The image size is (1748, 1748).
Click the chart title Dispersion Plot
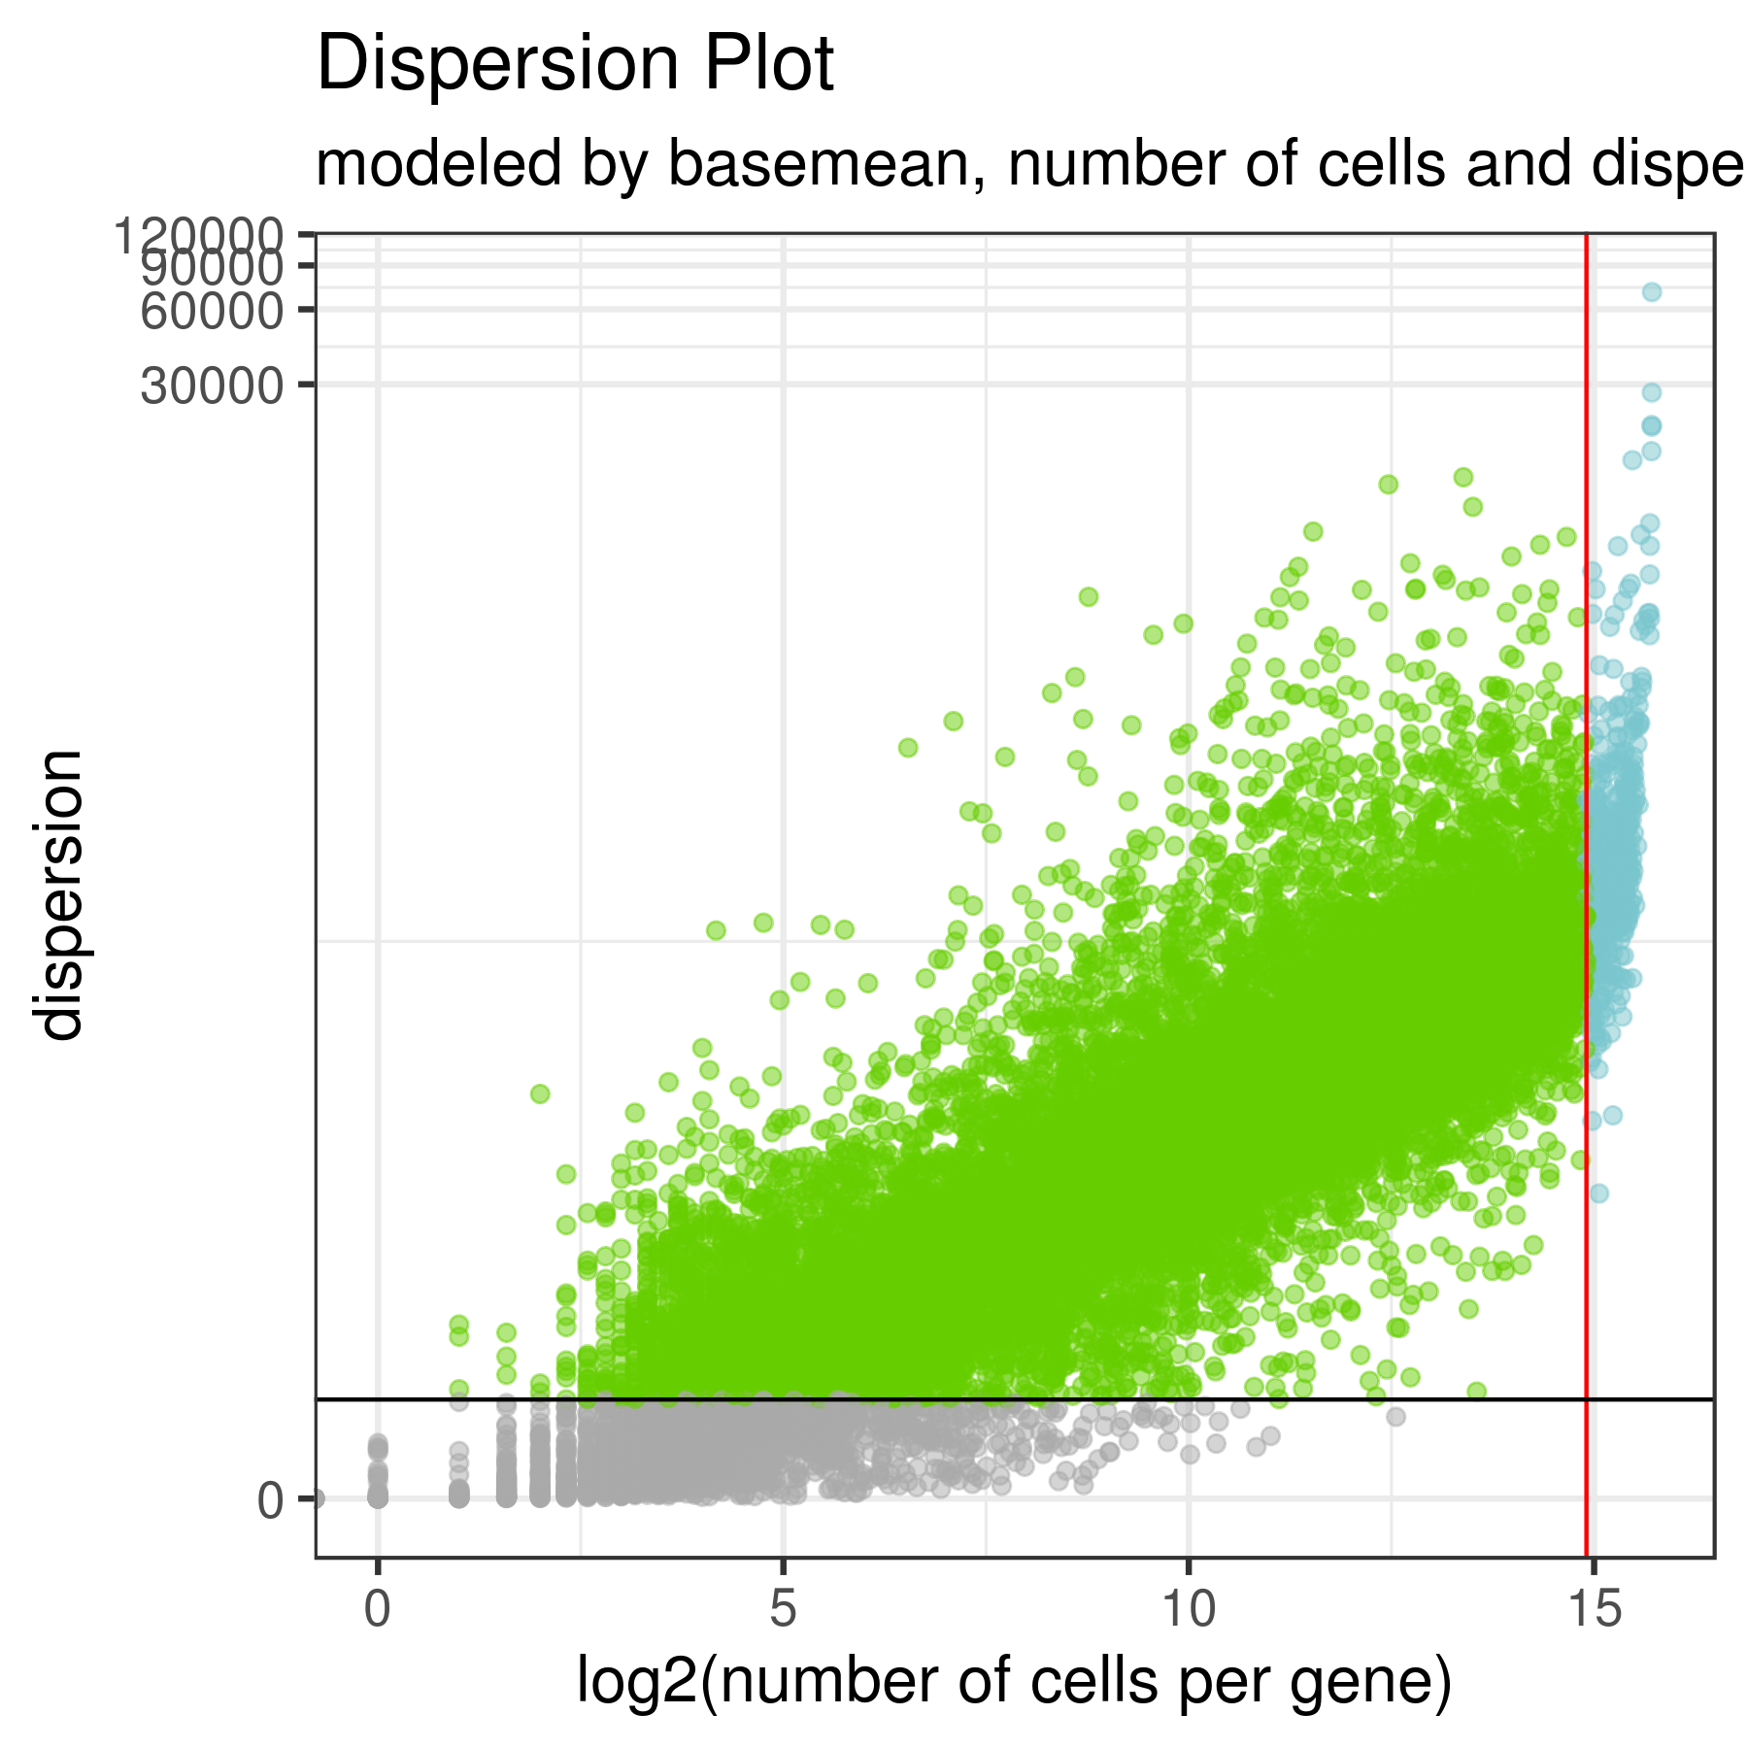pos(575,64)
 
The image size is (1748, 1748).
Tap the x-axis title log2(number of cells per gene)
pos(1014,1681)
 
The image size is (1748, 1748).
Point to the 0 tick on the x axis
pos(378,1611)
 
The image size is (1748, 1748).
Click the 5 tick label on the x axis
pos(783,1611)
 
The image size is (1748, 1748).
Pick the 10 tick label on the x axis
pos(1188,1611)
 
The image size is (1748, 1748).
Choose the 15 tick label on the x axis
pos(1594,1611)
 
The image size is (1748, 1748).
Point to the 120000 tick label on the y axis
pos(198,235)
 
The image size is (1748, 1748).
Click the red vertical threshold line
pos(1586,874)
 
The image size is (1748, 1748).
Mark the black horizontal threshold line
pos(971,1399)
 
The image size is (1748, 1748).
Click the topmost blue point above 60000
pos(1651,292)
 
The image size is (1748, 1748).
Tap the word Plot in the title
pos(768,64)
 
